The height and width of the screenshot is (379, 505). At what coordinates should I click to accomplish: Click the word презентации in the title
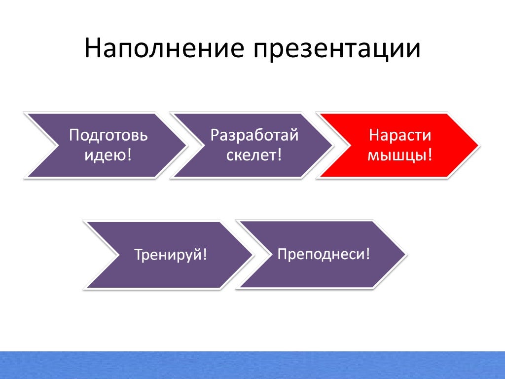[337, 50]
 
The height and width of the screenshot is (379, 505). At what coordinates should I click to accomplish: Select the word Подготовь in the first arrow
[108, 136]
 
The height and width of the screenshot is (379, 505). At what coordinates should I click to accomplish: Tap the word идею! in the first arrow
[108, 155]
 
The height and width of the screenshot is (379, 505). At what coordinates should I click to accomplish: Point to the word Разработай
[254, 136]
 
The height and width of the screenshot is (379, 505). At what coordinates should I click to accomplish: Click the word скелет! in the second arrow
[254, 155]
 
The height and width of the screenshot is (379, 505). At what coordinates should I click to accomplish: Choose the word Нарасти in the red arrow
[400, 136]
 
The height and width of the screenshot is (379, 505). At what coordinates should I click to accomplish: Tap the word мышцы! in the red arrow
[400, 155]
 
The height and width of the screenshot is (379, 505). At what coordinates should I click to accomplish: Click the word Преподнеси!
[324, 254]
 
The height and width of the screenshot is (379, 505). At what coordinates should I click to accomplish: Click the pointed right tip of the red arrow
[478, 146]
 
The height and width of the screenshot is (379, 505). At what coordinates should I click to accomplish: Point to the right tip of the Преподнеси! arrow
[405, 254]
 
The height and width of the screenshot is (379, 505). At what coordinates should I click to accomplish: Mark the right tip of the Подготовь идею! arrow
[186, 146]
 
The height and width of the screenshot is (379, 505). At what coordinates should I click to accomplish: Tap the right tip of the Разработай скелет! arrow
[332, 146]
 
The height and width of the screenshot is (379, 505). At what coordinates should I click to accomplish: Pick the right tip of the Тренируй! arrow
[253, 255]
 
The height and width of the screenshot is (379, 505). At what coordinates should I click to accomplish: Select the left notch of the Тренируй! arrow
[117, 255]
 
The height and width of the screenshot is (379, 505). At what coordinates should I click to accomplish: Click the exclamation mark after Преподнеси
[367, 254]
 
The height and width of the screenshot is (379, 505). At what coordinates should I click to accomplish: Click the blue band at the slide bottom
[252, 365]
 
